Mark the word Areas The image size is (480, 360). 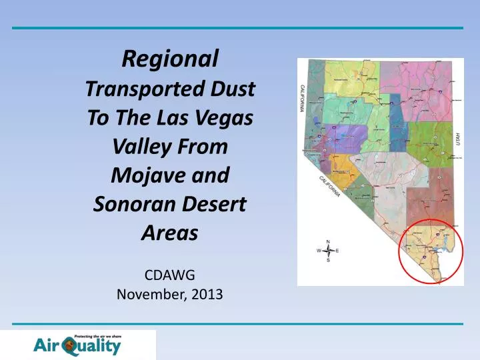coord(171,233)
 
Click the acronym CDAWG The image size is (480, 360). coord(171,273)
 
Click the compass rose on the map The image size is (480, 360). coord(328,251)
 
